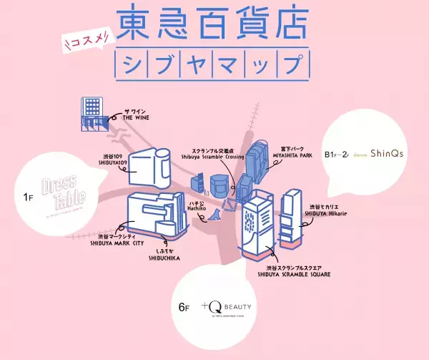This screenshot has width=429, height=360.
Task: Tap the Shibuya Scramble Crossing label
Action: [213, 155]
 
